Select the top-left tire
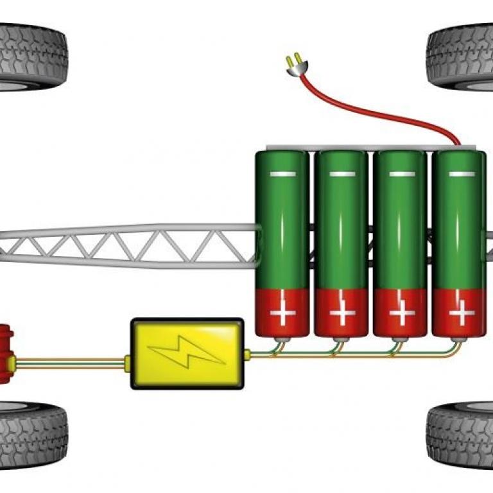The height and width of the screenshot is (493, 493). click(x=32, y=56)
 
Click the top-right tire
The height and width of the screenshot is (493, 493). click(x=461, y=56)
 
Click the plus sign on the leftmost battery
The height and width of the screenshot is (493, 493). click(x=282, y=314)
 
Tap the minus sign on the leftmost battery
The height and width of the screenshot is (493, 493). click(x=282, y=174)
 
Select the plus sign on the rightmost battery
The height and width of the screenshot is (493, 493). click(x=460, y=314)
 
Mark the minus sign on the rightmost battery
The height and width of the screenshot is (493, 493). click(x=460, y=174)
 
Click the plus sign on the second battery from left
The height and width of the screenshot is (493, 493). click(x=342, y=314)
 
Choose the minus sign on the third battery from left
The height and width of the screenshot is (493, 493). click(x=401, y=174)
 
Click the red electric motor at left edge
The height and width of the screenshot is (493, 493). click(x=6, y=354)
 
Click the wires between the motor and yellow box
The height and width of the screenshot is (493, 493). click(x=71, y=364)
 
